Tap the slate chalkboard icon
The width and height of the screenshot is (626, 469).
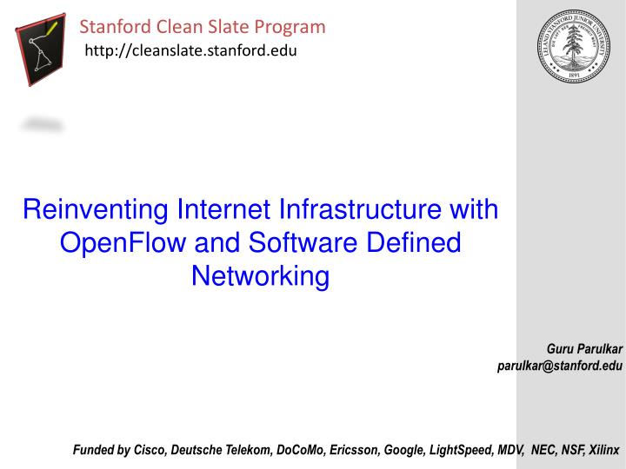41,49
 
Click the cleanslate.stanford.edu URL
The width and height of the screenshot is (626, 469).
190,52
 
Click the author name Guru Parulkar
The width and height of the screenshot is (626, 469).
584,349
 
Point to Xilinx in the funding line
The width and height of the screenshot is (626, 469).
603,451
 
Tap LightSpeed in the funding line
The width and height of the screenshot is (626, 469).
457,451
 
